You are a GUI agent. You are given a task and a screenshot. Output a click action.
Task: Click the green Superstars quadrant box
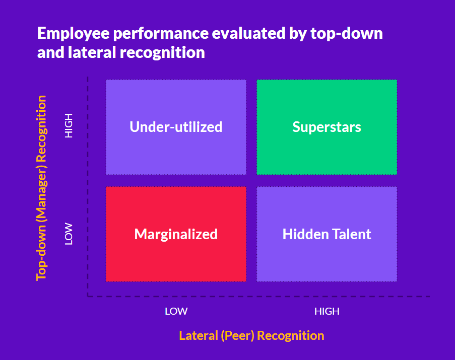[327, 127]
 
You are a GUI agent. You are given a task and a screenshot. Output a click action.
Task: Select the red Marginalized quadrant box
[176, 234]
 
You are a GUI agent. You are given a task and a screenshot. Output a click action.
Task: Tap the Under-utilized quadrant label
[176, 127]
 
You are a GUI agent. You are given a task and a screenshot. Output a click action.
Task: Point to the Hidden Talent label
[327, 234]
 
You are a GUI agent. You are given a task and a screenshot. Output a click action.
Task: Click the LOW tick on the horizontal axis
[176, 311]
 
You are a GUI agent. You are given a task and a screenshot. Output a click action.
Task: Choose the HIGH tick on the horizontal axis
[327, 311]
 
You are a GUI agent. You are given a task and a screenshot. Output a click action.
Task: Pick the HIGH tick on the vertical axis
[69, 125]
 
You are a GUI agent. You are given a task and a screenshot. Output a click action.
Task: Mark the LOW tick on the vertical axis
[69, 234]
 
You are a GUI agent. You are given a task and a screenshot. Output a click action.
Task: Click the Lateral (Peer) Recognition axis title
[251, 336]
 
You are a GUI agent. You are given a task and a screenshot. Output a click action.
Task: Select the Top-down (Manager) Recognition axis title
[41, 188]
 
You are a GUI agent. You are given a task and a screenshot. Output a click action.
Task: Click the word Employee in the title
[73, 34]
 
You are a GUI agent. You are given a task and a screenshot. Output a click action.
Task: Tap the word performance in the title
[161, 34]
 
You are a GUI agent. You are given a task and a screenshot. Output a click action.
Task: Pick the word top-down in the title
[347, 34]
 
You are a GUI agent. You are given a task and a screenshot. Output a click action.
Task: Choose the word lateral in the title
[92, 52]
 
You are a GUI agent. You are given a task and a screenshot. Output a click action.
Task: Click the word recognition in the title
[162, 53]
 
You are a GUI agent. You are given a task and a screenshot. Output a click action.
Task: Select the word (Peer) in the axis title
[237, 336]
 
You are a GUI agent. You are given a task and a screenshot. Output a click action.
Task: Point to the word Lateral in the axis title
[199, 336]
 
